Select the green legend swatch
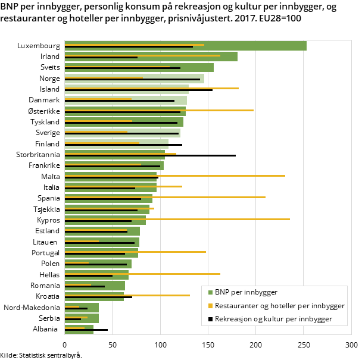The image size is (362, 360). (210, 292)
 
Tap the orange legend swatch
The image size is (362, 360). (210, 306)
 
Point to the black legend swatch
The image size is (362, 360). (210, 320)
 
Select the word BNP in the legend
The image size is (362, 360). (223, 292)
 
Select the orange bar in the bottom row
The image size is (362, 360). (74, 327)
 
